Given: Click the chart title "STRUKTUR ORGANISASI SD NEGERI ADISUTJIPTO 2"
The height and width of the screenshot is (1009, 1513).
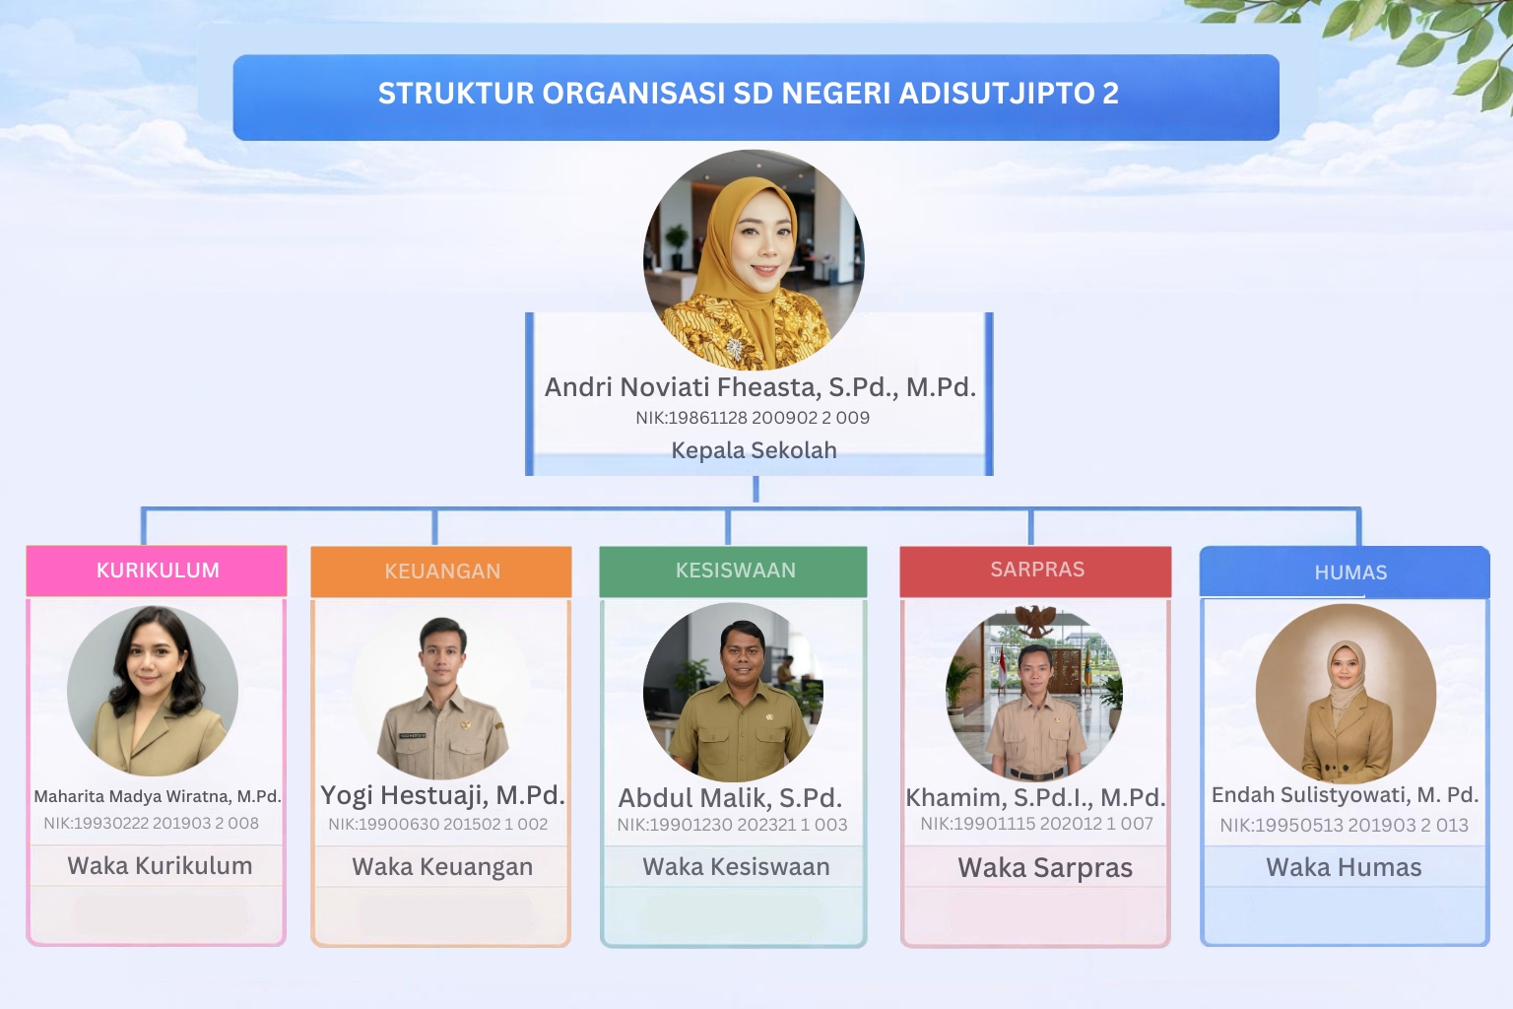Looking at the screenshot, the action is [x=749, y=94].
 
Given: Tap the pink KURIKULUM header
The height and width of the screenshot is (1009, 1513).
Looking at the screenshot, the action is [x=157, y=571].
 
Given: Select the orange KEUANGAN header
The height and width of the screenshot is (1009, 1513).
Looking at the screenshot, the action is [x=441, y=572].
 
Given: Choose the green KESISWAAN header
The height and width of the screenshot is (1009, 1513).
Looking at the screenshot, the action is [x=734, y=572].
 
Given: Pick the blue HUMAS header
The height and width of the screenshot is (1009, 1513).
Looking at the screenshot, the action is [x=1345, y=572].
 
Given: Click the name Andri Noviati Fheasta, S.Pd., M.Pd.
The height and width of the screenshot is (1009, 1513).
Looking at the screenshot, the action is [x=759, y=387].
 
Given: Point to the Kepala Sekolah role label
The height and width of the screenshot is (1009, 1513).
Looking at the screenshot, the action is [x=754, y=450].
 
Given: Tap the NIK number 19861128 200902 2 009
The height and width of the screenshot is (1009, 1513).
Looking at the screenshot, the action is [x=753, y=418].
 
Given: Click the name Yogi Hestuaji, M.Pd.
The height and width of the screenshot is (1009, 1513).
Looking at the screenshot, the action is [x=442, y=795].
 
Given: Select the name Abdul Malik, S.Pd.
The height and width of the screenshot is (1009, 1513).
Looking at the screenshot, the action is [x=730, y=798].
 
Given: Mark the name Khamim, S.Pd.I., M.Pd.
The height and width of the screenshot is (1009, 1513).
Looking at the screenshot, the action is [x=1035, y=797].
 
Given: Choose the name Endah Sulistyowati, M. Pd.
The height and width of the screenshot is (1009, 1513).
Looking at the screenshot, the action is [x=1345, y=795].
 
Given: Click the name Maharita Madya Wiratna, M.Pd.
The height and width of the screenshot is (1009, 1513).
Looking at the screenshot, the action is [x=158, y=796].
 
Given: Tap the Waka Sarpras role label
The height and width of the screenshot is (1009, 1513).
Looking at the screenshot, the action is [x=1045, y=868].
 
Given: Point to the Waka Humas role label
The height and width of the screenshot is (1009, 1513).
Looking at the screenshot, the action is [x=1344, y=867].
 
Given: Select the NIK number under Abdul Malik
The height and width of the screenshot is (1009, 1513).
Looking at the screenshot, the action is [x=732, y=825].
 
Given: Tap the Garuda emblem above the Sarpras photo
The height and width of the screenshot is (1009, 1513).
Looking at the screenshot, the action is [x=1035, y=621].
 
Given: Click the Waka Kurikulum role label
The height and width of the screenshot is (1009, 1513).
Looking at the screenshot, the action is [x=161, y=866].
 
